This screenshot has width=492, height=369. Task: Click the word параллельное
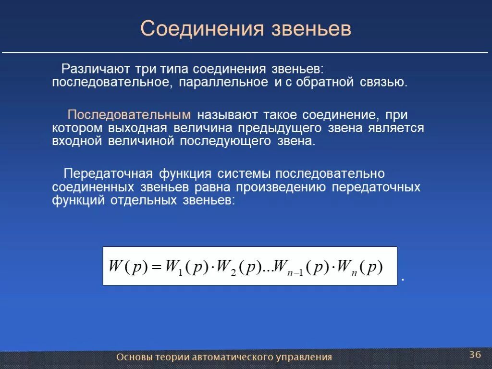pyautogui.click(x=224, y=82)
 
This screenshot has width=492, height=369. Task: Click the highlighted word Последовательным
pyautogui.click(x=129, y=115)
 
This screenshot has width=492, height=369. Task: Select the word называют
pyautogui.click(x=227, y=115)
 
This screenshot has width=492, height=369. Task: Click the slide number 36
pyautogui.click(x=475, y=355)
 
